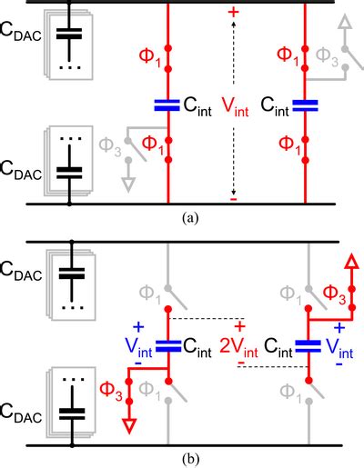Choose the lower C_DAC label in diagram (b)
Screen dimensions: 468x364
(x=25, y=424)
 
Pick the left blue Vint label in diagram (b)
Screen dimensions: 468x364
(x=133, y=344)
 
